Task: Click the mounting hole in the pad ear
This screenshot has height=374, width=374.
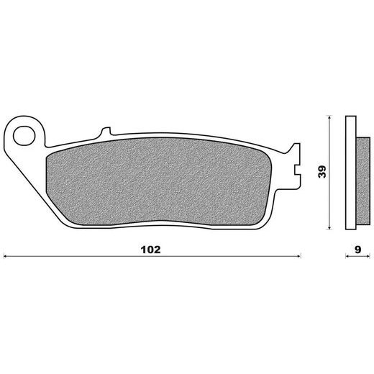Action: click(x=24, y=136)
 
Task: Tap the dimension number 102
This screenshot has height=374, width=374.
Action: click(x=150, y=250)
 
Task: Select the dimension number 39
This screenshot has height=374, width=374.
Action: click(x=322, y=172)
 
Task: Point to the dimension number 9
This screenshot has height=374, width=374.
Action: click(x=357, y=250)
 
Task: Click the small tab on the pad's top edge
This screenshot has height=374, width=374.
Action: click(x=106, y=132)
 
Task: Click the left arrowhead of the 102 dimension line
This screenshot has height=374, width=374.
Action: click(x=5, y=256)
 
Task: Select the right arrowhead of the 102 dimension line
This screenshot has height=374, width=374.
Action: click(x=298, y=256)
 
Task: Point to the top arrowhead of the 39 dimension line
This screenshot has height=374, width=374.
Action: click(x=329, y=117)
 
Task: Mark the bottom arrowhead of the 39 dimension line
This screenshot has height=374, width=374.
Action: click(x=329, y=227)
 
